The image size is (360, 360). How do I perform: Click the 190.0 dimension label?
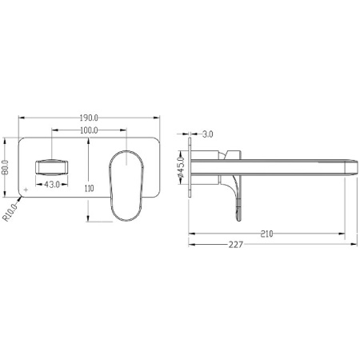click(x=89, y=118)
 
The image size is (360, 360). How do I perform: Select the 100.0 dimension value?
click(x=89, y=130)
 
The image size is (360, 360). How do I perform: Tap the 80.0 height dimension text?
click(x=6, y=167)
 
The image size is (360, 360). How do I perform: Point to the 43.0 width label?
click(x=52, y=184)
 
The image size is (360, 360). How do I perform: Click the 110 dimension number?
click(x=89, y=189)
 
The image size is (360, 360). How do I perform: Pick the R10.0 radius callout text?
click(x=10, y=212)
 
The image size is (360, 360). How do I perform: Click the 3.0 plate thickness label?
click(x=207, y=134)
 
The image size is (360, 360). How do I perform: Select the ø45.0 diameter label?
click(x=181, y=167)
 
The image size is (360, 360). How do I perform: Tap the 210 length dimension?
click(x=266, y=234)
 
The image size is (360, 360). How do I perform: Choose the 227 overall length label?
click(x=236, y=244)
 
